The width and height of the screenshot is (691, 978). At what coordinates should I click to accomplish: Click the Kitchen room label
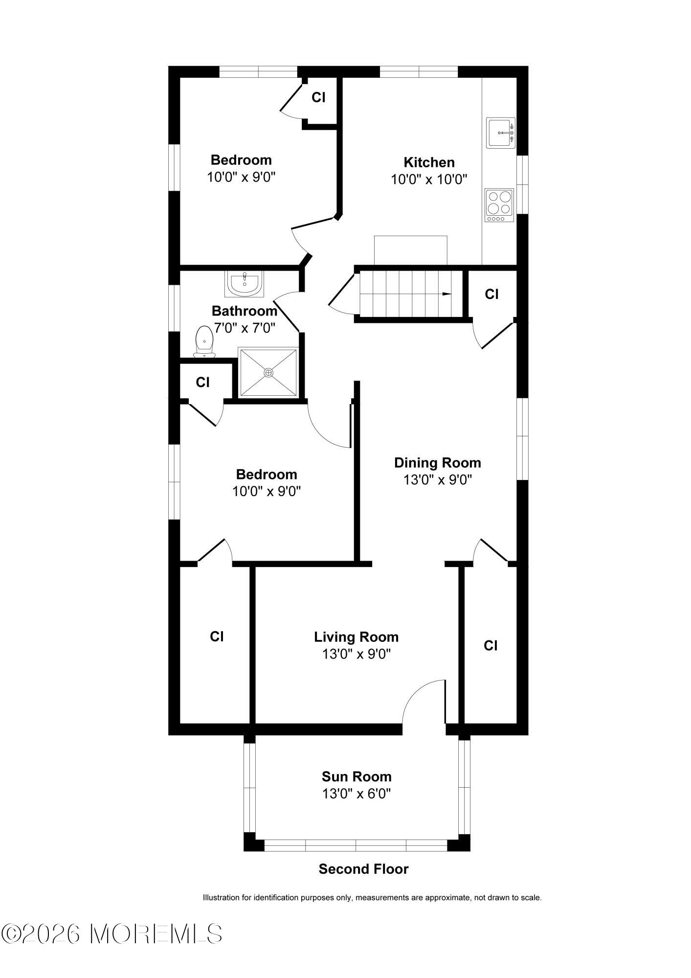pos(429,162)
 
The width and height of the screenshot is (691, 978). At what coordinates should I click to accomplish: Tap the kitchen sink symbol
pos(500,132)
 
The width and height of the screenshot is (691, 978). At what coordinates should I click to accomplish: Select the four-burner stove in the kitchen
pos(499,205)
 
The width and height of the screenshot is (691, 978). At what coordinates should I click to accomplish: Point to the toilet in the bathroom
pos(204,342)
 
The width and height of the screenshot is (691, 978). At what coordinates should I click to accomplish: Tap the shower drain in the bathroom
pos(268,373)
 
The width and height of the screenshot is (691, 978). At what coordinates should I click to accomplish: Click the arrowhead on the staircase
pos(446,294)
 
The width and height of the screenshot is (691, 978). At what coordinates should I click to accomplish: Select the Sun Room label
pos(357,776)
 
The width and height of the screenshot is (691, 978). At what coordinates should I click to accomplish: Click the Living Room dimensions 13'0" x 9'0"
pos(357,654)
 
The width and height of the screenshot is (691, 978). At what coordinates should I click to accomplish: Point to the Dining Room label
pos(438,462)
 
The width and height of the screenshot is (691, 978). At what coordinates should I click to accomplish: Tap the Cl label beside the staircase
pos(491,294)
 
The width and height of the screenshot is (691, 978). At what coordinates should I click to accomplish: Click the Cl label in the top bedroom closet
pos(318,97)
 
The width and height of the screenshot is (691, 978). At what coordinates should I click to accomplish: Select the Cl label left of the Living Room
pos(217,637)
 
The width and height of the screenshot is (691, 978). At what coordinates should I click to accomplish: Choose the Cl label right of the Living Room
pos(490,645)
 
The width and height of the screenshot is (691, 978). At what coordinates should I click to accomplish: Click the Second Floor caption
pos(363,869)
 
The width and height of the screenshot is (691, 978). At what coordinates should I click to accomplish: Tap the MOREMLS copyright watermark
pos(111,933)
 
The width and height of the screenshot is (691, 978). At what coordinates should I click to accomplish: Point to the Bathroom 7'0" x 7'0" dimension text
pos(245,327)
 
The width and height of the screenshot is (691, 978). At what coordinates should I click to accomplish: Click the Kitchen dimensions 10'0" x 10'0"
pos(429,180)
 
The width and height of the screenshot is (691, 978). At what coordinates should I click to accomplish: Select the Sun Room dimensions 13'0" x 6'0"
pos(357,793)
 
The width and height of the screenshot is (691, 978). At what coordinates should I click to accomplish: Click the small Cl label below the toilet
pos(202,382)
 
